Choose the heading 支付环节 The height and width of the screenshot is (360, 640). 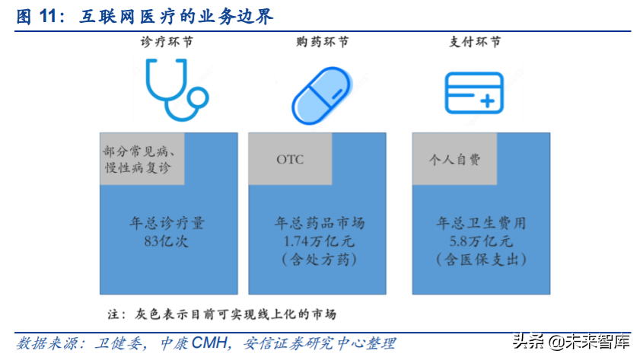click(475, 42)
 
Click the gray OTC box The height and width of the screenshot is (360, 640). click(291, 159)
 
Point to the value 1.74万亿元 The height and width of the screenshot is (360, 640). click(320, 242)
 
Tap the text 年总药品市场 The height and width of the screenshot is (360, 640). click(320, 224)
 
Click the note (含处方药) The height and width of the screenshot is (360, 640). click(320, 260)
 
